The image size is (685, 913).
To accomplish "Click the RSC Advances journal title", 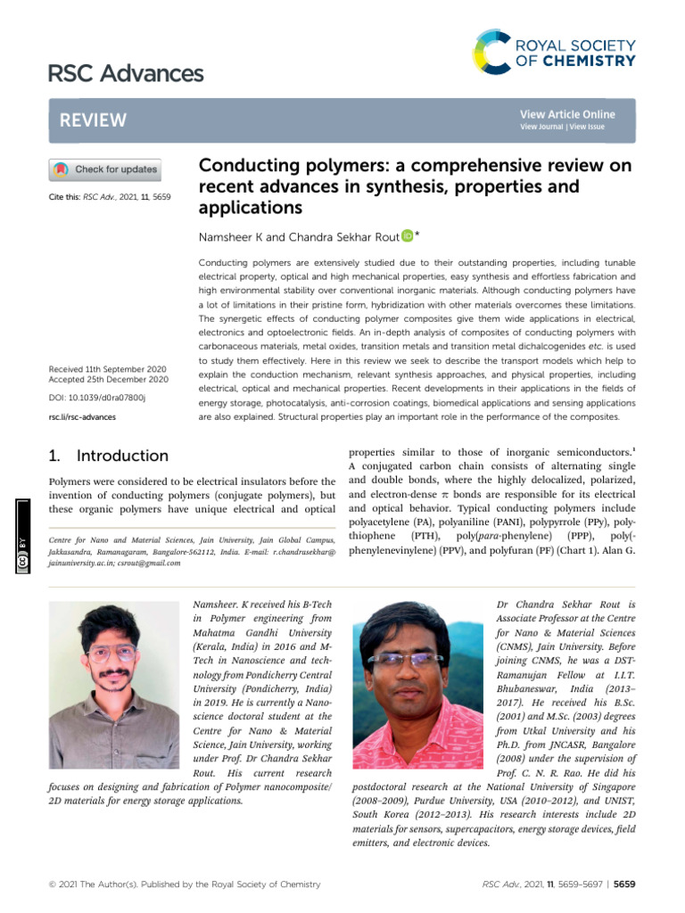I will [x=126, y=72].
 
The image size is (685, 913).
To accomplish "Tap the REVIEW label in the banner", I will [x=93, y=120].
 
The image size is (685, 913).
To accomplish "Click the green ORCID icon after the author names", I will [x=407, y=235].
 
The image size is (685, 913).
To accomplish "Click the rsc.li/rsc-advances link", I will [x=81, y=416].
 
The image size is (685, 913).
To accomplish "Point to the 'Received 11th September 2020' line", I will [x=107, y=366].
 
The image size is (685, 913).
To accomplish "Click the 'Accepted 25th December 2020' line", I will [x=107, y=379].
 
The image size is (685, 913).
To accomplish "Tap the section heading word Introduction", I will [x=122, y=456].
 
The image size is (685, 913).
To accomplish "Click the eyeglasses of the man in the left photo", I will [x=112, y=653].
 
